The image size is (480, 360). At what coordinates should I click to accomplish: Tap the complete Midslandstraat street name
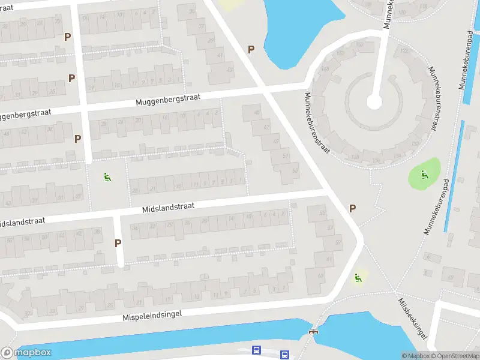tap(169, 207)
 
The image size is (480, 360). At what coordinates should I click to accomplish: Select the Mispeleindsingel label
tap(152, 314)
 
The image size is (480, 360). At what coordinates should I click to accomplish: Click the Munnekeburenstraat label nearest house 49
tap(317, 123)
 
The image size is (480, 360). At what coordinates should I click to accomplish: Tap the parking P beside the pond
tap(251, 50)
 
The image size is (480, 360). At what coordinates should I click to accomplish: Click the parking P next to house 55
tap(352, 208)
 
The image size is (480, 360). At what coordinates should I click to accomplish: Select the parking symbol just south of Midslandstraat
tap(118, 243)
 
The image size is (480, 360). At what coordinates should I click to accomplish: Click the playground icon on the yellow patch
tap(358, 277)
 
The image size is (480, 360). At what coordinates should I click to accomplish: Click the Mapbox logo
tap(26, 352)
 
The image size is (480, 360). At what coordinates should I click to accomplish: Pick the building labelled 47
tap(267, 127)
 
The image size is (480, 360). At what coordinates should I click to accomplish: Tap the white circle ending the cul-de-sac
tap(374, 103)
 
